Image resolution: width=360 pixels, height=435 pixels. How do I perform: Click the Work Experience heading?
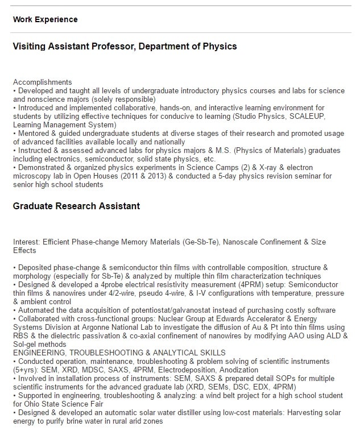[45, 19]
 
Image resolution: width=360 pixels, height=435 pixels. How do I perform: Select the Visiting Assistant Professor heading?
[125, 46]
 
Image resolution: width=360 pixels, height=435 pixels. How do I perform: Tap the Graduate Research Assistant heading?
[76, 205]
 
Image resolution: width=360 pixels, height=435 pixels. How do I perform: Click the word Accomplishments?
[43, 82]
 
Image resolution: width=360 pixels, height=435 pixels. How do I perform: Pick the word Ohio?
[30, 404]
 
